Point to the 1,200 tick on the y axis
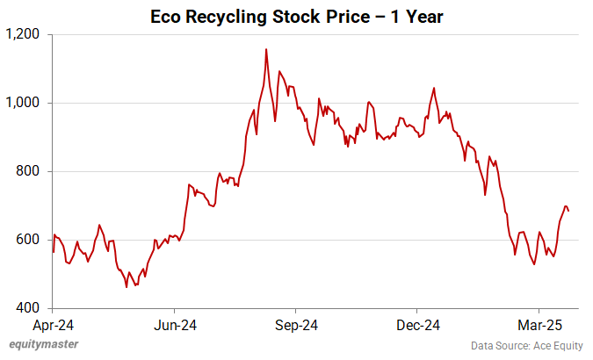25,34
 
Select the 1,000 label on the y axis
25,103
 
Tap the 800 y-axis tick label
31,171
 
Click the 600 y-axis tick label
31,240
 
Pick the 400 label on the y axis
31,308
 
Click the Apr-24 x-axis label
53,325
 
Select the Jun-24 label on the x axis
174,325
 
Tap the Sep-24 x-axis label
296,325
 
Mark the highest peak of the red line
266,49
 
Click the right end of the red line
568,211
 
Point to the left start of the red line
53,252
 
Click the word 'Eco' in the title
168,16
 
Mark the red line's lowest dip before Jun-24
127,286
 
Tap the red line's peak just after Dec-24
434,89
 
